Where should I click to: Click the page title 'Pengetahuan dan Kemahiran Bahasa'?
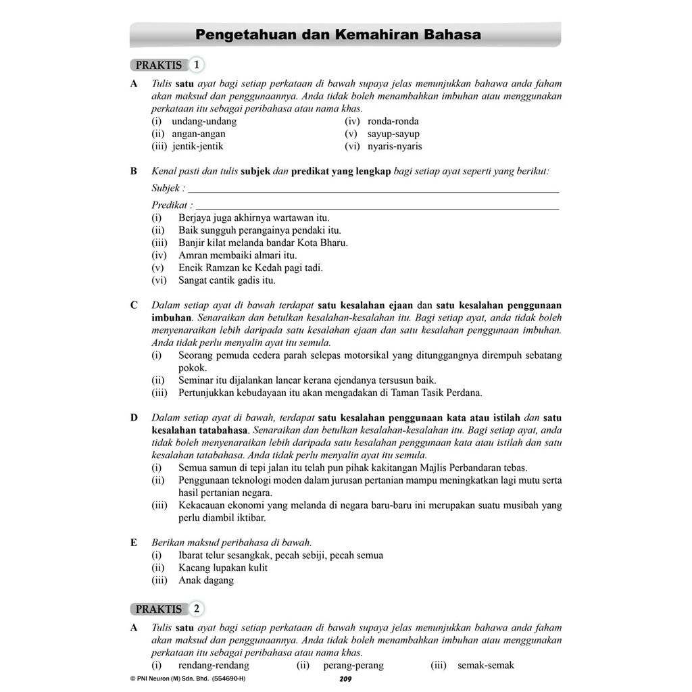pos(338,34)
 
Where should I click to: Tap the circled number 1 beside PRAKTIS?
pos(196,66)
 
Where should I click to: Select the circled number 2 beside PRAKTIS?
pos(196,609)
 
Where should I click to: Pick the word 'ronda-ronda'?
pos(393,122)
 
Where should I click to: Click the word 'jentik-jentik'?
pos(197,146)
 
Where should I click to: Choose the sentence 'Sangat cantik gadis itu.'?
pos(227,280)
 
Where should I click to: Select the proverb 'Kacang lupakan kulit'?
pos(223,568)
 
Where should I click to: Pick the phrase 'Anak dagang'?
pos(206,580)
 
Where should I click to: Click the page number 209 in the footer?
pos(345,679)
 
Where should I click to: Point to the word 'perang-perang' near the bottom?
pos(353,666)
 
